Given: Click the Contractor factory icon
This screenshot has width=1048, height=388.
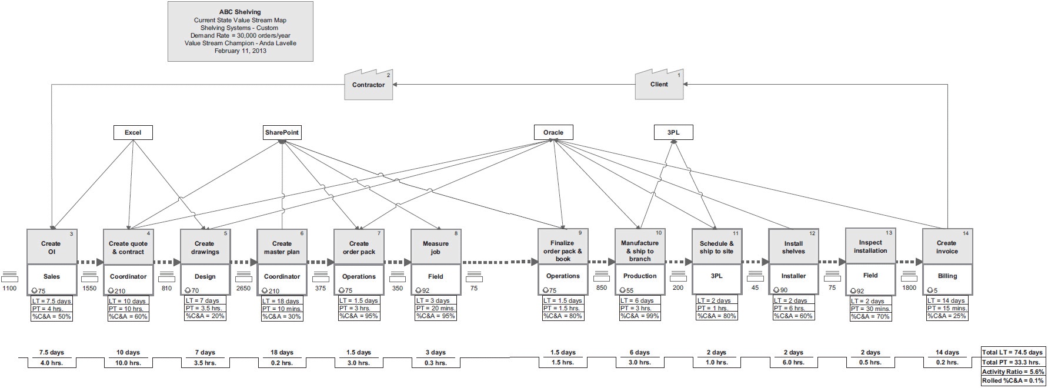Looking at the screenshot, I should (368, 85).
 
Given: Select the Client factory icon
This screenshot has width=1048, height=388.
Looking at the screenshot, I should (659, 85).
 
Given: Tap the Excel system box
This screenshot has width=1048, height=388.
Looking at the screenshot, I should (133, 133).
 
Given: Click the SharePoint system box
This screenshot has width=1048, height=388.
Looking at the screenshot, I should (282, 133).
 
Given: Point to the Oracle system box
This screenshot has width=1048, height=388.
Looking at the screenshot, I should (553, 133).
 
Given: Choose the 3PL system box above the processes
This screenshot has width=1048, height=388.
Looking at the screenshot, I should (673, 133).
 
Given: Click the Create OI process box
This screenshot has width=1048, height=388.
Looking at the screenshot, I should (52, 247).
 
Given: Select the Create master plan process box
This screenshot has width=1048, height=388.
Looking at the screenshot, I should (282, 247).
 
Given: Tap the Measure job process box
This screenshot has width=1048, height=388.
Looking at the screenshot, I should (436, 247).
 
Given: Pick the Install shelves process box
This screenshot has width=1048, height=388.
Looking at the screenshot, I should (793, 247).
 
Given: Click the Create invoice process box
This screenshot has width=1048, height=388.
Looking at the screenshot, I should (947, 247).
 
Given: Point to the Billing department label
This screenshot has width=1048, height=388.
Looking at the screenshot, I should (947, 276).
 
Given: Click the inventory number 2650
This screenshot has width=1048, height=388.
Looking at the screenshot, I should (243, 288).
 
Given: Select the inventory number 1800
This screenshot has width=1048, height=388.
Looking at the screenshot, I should (909, 288).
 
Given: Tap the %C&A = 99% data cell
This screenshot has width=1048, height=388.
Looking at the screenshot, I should (640, 316).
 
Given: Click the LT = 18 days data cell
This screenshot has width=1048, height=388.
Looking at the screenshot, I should (282, 301).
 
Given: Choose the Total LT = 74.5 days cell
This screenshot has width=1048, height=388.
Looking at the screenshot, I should (1013, 352).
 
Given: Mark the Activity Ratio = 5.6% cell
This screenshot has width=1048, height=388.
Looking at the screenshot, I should (1013, 372).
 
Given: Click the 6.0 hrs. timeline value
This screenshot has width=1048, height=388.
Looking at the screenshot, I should (793, 363).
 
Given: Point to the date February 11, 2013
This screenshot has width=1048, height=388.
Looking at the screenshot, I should (240, 51).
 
